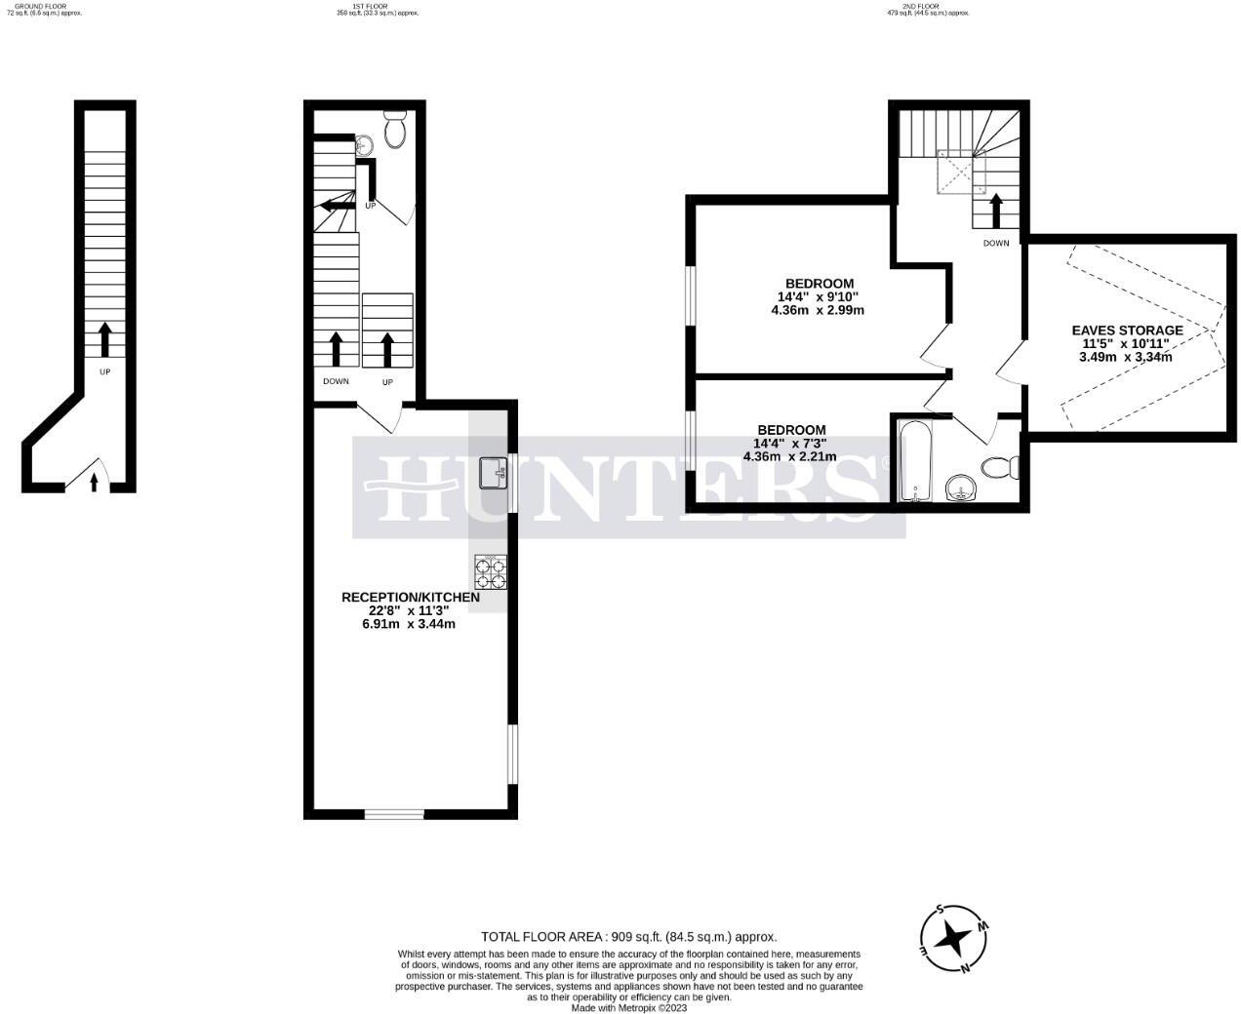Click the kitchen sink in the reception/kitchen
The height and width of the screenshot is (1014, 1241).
(492, 475)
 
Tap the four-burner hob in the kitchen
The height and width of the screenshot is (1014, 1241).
(491, 571)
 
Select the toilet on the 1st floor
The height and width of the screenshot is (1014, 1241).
(395, 130)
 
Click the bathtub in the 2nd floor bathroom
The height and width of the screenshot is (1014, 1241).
(914, 460)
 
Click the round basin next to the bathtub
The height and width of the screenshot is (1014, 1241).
(962, 487)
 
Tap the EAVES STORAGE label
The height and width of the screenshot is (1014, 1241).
(1127, 331)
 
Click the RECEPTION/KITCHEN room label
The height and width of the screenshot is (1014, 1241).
(410, 597)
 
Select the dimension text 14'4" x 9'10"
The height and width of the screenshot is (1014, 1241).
(818, 297)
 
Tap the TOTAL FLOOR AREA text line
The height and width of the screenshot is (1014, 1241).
(628, 936)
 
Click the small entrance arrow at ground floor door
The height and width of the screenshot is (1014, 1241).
(94, 482)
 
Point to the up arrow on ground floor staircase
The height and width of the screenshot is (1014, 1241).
(104, 341)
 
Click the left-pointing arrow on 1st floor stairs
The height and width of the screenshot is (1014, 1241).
(338, 205)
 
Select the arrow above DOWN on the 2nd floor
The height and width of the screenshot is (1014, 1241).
(996, 211)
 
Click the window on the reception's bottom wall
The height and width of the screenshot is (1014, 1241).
(394, 814)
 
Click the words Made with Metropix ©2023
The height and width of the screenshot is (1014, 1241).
(628, 1008)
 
